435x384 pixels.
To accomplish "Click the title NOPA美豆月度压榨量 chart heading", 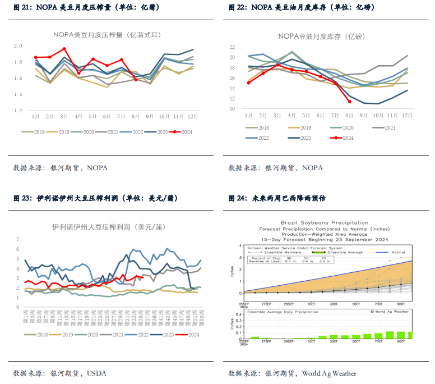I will pos(107,35).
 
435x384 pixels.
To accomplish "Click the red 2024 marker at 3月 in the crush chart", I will pos(64,49).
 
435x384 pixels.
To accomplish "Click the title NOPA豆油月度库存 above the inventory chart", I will pos(322,36).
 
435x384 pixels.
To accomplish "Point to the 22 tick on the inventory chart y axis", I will pos(232,57).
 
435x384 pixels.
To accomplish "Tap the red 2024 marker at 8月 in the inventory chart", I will pos(349,101).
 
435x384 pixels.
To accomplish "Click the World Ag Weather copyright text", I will pos(390,311).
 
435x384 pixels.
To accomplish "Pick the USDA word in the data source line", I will pos(97,372).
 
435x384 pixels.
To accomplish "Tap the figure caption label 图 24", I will pos(235,198).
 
